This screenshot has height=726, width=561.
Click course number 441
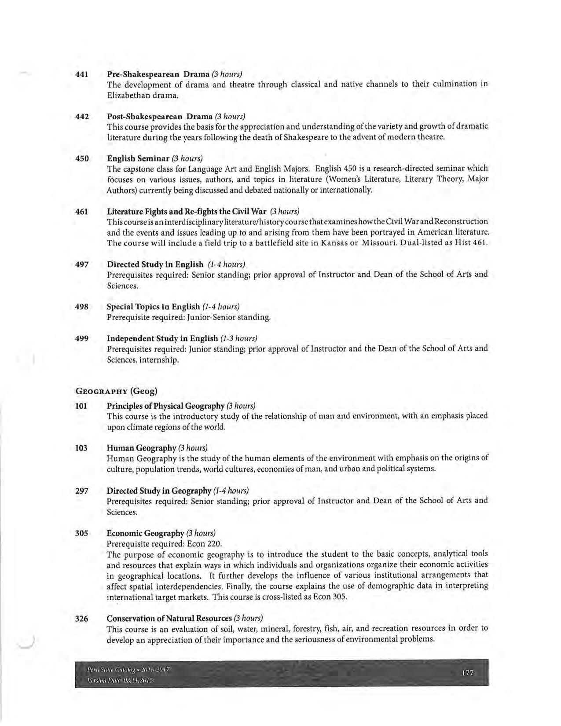coord(82,74)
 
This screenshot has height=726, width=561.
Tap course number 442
coord(82,117)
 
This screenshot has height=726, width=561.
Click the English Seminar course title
coord(138,158)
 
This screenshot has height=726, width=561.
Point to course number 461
coord(82,212)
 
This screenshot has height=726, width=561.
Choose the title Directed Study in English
coord(155,264)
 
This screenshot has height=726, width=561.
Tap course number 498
coord(82,307)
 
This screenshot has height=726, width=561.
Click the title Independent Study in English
coord(162,338)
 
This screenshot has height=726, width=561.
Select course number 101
coord(81,406)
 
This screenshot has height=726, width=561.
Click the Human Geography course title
coord(141,448)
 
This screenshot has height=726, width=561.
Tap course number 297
coord(82,491)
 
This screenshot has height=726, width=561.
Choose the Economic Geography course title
coord(145,533)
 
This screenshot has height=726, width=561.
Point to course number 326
coord(82,619)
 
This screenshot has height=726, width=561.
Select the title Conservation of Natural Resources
coord(169,619)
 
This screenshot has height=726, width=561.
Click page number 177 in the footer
coord(467,673)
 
